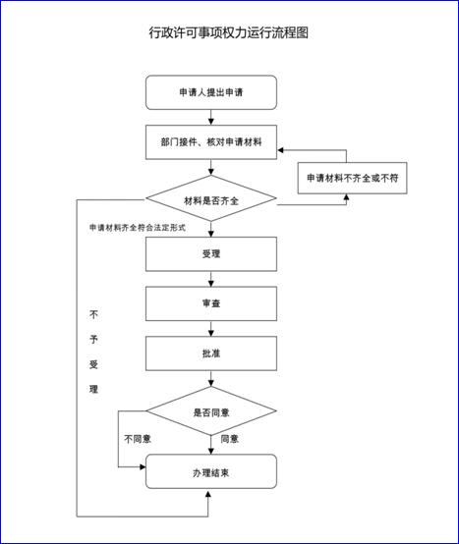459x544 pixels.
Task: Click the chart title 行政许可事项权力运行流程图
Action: (228, 32)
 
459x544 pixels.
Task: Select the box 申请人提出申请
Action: (211, 92)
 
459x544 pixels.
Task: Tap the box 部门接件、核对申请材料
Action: (211, 142)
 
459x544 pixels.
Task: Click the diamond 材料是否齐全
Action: (211, 198)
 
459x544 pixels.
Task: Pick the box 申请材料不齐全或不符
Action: (353, 178)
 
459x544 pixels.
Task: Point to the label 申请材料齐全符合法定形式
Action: (138, 228)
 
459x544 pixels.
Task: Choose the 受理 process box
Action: (211, 254)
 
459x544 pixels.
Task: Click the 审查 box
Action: (211, 303)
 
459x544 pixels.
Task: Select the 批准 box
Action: (211, 354)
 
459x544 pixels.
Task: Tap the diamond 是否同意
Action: (211, 410)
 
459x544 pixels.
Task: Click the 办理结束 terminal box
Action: (211, 472)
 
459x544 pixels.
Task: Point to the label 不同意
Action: (138, 439)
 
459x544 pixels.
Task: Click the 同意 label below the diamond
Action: (230, 439)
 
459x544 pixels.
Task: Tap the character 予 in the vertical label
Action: (93, 339)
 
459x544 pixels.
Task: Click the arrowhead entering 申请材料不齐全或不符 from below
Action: (346, 197)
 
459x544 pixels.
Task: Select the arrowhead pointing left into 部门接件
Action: (280, 150)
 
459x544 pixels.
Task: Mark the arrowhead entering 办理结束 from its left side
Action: (143, 467)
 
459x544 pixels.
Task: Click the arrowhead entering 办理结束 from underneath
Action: (208, 493)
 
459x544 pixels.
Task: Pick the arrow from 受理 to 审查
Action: (211, 279)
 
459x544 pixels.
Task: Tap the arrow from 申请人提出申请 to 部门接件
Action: (211, 118)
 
